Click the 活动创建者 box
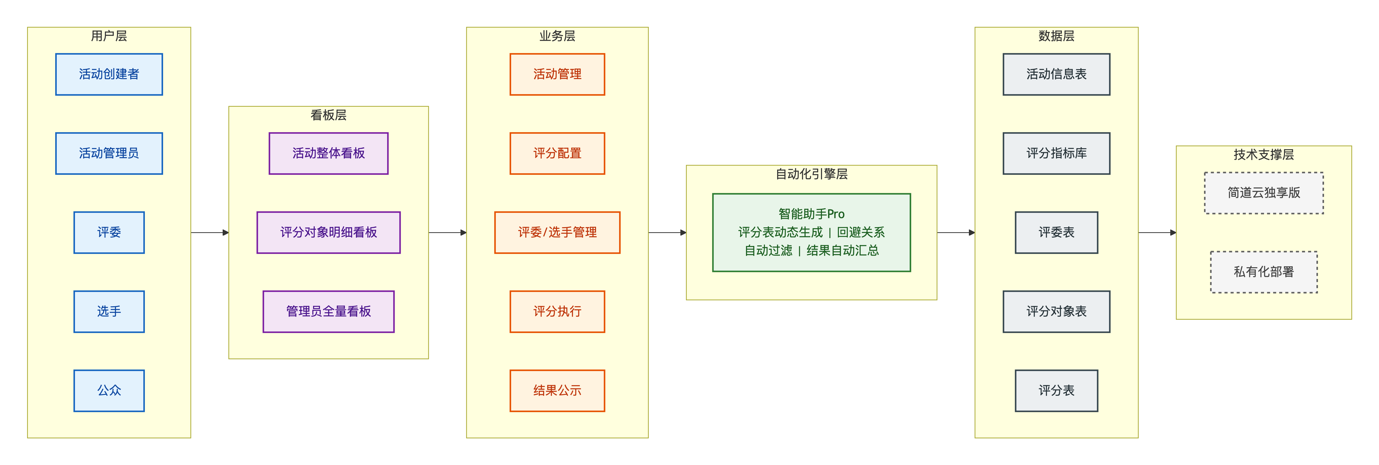point(109,75)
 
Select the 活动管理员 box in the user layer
point(109,153)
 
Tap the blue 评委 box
point(109,232)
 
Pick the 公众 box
point(109,390)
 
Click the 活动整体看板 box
point(329,153)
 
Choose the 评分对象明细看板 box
point(329,232)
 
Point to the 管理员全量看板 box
point(329,311)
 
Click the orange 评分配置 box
point(557,153)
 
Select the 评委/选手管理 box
point(557,232)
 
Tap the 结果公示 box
point(557,390)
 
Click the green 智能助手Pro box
point(812,232)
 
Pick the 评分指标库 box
point(1057,153)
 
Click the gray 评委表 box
point(1057,232)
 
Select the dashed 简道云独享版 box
point(1264,193)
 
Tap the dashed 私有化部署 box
point(1264,272)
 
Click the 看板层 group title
point(329,115)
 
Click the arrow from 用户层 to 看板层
point(210,232)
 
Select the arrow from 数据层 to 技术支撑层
point(1157,232)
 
